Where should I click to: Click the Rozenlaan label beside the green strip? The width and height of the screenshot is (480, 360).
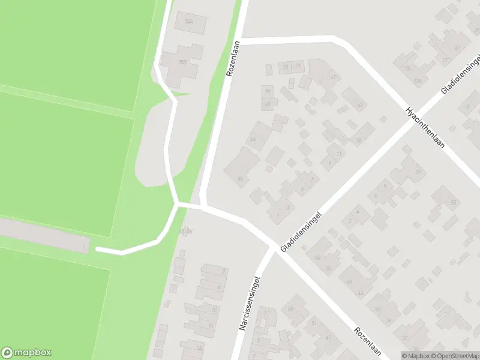click(x=233, y=58)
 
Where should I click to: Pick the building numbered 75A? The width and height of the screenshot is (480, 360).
click(x=190, y=23)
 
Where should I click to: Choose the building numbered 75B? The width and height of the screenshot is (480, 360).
click(x=181, y=62)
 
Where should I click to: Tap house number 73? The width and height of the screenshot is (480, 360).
click(x=286, y=67)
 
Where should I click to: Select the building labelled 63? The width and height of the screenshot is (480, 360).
click(x=359, y=105)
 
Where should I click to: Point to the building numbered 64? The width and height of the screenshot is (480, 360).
click(x=253, y=140)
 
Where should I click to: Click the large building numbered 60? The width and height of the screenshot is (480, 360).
click(x=241, y=178)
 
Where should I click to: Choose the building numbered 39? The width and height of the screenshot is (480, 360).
click(x=418, y=172)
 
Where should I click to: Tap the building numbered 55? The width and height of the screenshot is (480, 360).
click(x=290, y=308)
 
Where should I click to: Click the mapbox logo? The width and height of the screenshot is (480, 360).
click(x=26, y=353)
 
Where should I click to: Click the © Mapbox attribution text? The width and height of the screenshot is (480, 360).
click(x=416, y=356)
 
